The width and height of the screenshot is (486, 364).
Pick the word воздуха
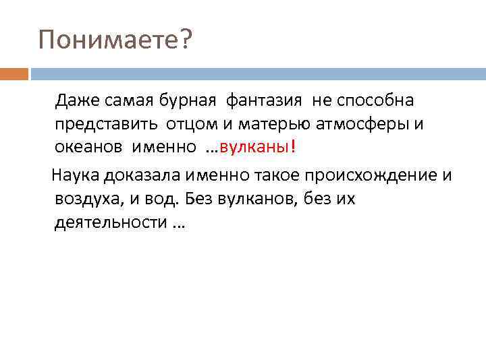tap(86, 200)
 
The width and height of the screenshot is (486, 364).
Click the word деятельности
tap(109, 222)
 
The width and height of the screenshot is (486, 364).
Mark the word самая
tap(130, 101)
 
